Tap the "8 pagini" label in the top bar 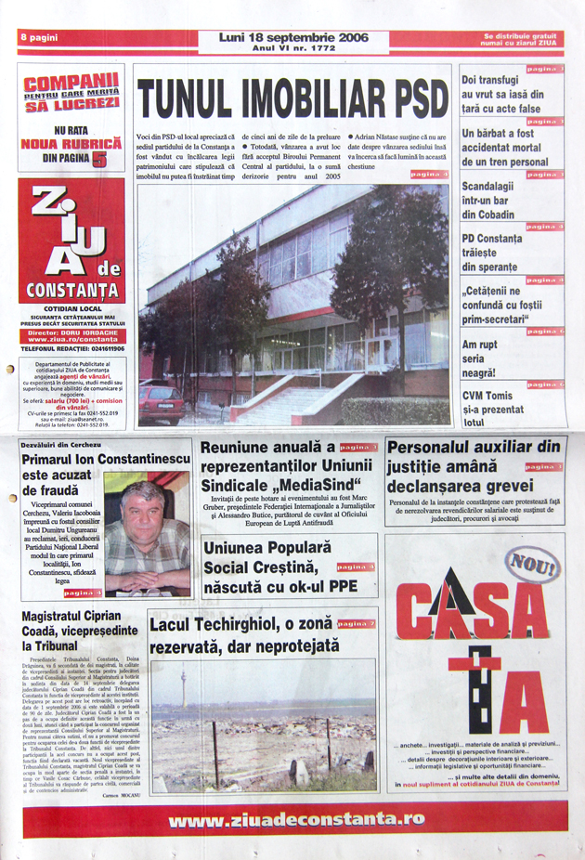click(40, 37)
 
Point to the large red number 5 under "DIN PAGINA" click(98, 159)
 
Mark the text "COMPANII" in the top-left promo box click(71, 80)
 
